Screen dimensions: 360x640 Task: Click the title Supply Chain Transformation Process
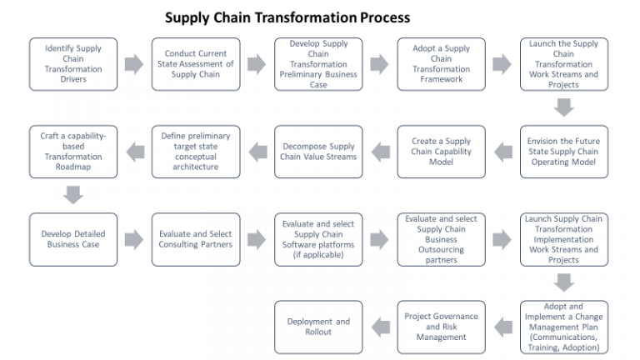(x=287, y=17)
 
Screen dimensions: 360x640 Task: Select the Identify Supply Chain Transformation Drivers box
(x=73, y=64)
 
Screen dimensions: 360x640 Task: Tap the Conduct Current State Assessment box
(x=196, y=64)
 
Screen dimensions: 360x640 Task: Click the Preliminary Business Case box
(x=318, y=64)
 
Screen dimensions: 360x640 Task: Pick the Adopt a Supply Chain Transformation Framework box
(x=441, y=64)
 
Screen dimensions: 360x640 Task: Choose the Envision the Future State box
(x=563, y=152)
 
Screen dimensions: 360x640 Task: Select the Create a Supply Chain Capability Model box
(x=441, y=152)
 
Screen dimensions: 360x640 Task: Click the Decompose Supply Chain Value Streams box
(x=318, y=152)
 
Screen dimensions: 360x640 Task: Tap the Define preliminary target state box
(x=196, y=152)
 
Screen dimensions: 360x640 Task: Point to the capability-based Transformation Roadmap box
(x=73, y=152)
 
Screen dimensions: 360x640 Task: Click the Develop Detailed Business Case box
(x=73, y=240)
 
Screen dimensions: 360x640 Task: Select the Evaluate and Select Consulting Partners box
(x=196, y=240)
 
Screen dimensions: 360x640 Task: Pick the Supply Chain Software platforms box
(x=318, y=240)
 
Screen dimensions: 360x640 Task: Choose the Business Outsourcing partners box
(x=441, y=240)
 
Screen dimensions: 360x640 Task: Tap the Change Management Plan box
(x=563, y=327)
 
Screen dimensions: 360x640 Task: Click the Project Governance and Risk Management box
(x=441, y=327)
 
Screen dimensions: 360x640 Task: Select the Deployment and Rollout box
(x=318, y=327)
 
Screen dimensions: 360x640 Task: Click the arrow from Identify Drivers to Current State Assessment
(x=134, y=64)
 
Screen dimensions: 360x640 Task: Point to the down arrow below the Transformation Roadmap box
(x=73, y=195)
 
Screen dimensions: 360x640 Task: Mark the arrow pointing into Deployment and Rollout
(x=380, y=327)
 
